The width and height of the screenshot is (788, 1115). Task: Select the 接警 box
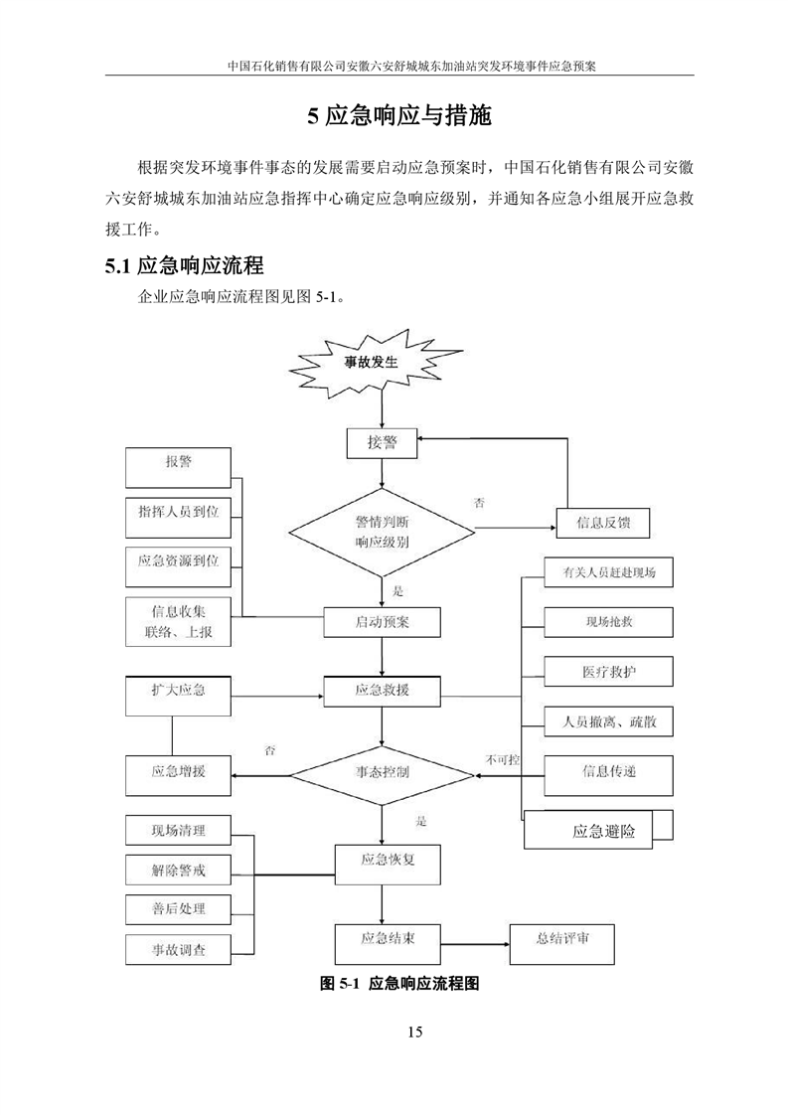[x=382, y=443]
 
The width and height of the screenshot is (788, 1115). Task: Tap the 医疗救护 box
[x=609, y=673]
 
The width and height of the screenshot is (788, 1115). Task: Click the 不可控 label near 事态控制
[x=502, y=761]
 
